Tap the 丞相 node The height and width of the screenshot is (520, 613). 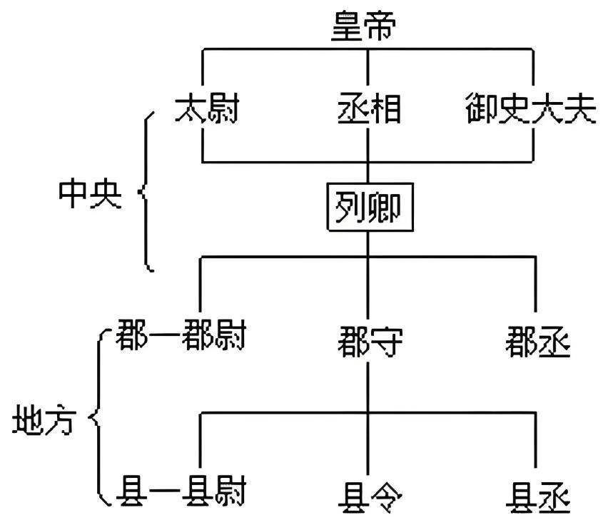[368, 112]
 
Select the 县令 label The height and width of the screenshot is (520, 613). [368, 494]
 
